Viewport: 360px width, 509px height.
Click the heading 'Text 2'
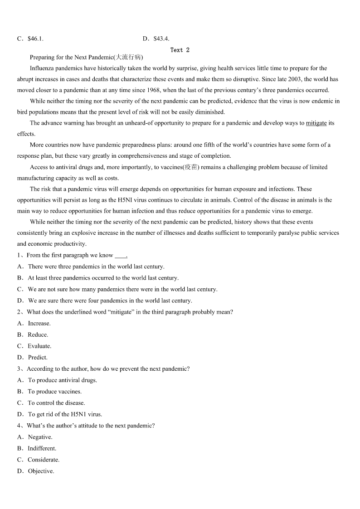pos(180,50)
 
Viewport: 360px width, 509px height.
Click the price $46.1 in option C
pos(35,39)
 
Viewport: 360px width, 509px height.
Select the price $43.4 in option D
pos(161,39)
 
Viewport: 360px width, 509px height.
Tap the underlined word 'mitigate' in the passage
pos(316,123)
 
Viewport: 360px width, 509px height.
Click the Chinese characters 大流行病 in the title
pos(129,58)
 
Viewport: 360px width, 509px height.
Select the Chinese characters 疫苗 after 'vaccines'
pos(191,167)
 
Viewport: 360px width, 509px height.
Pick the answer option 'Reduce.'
pos(38,335)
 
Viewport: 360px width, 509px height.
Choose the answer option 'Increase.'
pos(39,324)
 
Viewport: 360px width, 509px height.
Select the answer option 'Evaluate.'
pos(39,346)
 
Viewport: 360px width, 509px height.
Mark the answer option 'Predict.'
pos(38,358)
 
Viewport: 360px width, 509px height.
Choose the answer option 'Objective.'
pos(41,471)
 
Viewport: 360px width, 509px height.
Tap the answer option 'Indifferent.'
pos(42,449)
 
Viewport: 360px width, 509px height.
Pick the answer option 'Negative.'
pos(40,437)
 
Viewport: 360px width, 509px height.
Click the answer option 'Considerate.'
pos(44,460)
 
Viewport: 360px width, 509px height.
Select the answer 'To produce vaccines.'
pos(54,392)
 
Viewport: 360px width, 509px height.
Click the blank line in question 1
pos(121,256)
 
